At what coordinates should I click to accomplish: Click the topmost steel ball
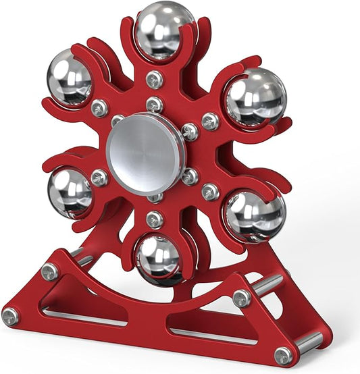155,31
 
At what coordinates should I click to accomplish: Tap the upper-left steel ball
70,78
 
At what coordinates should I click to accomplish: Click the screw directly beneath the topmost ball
155,78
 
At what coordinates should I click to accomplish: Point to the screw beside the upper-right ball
210,122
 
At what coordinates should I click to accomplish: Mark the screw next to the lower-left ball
100,178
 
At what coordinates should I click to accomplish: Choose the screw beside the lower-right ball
210,192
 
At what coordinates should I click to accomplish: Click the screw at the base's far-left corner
10,316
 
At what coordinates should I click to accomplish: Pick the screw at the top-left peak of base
50,271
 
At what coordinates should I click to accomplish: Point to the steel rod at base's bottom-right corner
307,344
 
